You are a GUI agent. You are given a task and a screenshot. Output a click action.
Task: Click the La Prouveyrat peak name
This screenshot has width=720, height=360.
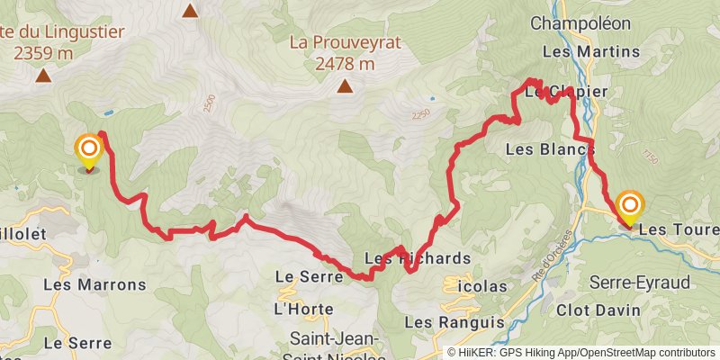[345, 42]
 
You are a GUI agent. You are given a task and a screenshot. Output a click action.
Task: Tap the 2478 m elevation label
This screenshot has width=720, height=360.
[345, 63]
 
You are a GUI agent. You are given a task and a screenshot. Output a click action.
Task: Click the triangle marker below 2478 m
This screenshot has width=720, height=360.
[345, 86]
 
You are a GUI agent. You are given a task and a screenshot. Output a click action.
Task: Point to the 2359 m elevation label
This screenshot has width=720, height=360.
[43, 52]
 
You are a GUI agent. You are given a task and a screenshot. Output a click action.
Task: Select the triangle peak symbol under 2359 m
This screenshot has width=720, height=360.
[42, 76]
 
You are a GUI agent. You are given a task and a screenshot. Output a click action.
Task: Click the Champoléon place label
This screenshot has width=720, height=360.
[589, 22]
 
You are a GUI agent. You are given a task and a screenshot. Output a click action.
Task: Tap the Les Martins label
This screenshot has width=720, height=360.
[589, 51]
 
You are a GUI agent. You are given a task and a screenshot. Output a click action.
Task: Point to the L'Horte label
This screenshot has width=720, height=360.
[302, 310]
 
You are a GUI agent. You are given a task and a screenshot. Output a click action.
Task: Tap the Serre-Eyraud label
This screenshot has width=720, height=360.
[640, 283]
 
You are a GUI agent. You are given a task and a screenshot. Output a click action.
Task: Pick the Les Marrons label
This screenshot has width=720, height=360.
[94, 284]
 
